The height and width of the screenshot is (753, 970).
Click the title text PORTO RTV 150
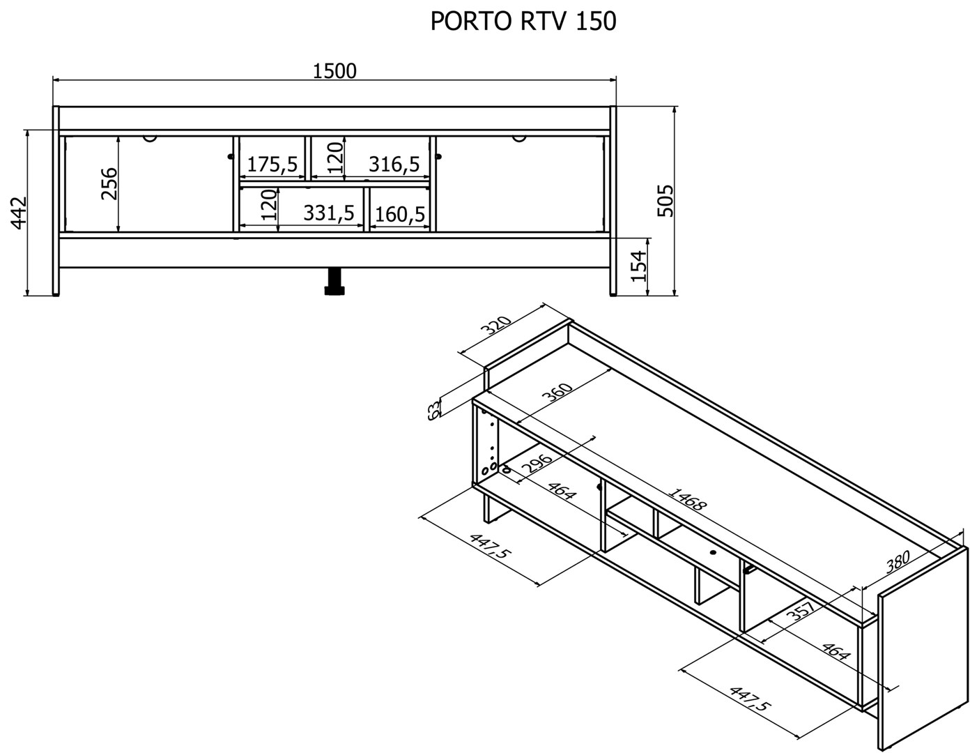523,22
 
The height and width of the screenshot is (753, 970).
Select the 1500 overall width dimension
334,70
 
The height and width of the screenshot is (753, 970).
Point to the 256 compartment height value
109,183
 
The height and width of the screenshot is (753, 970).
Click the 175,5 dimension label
272,165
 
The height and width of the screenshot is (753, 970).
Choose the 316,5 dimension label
394,165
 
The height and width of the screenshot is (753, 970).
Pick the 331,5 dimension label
329,213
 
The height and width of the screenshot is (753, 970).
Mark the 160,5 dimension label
400,214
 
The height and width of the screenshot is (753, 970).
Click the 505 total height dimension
665,201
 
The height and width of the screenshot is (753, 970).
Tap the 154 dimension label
639,266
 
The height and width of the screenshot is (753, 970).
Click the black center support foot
335,282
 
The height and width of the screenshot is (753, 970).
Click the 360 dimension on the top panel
557,397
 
